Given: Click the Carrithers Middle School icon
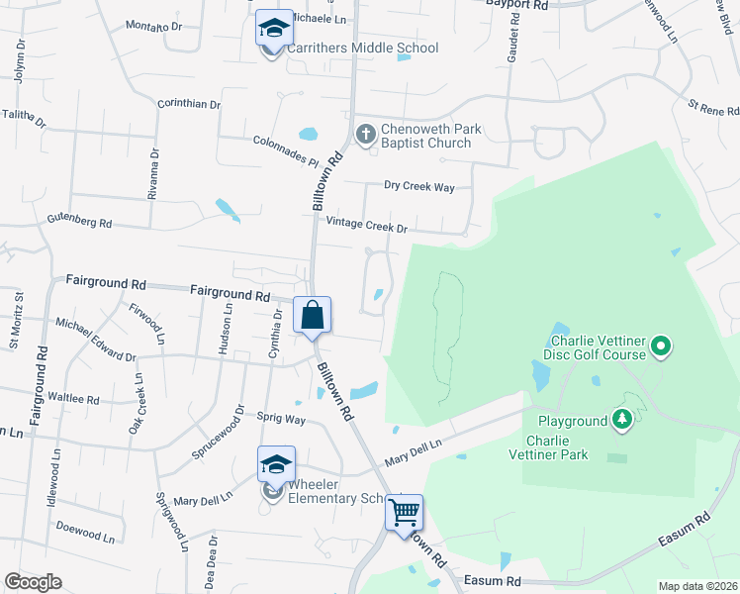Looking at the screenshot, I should [x=274, y=29].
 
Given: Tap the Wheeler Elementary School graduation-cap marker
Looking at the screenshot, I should [x=276, y=464].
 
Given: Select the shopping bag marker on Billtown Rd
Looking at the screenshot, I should [x=313, y=316].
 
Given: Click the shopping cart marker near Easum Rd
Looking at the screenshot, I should [x=404, y=513].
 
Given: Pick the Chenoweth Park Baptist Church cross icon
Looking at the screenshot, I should [x=365, y=134].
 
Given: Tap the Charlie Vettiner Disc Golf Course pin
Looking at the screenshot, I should [x=661, y=346].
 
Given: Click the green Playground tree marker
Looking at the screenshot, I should [x=622, y=421].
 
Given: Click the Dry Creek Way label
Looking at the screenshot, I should [x=418, y=186].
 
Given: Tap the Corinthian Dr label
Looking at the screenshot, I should [x=189, y=103].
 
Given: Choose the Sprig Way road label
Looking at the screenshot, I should [x=281, y=419].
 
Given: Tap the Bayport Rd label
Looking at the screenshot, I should [x=516, y=5].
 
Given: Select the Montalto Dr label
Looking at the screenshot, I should [x=155, y=27].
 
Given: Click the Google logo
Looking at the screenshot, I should [x=33, y=582].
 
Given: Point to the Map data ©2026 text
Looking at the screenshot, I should [x=697, y=586].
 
